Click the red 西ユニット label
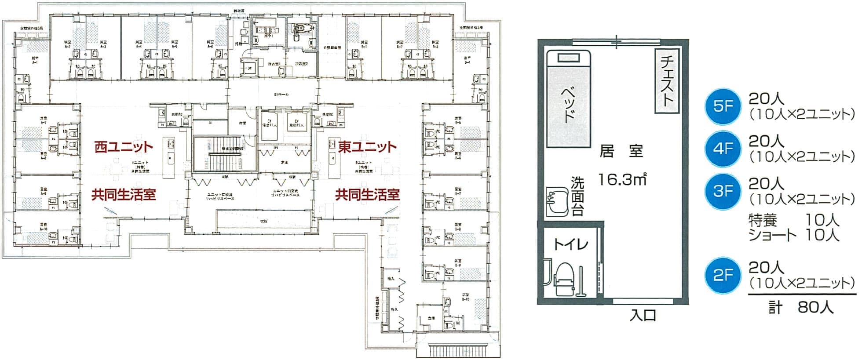coord(124,147)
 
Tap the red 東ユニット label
coord(367,147)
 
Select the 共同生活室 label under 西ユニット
coord(124,194)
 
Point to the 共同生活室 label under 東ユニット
coord(367,194)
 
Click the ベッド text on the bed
coord(569,104)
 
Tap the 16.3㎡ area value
coord(622,179)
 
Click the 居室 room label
coord(621,152)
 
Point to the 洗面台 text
coord(577,196)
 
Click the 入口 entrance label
coord(643,315)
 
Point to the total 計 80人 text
coord(800,307)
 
